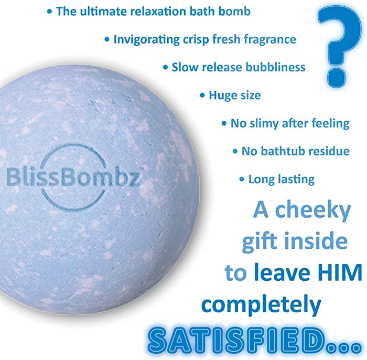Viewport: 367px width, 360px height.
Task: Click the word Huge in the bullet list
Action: (x=221, y=95)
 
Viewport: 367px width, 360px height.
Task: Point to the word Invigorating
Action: (x=146, y=39)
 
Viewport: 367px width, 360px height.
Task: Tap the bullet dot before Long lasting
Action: (x=242, y=179)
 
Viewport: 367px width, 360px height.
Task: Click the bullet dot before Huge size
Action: (x=202, y=96)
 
